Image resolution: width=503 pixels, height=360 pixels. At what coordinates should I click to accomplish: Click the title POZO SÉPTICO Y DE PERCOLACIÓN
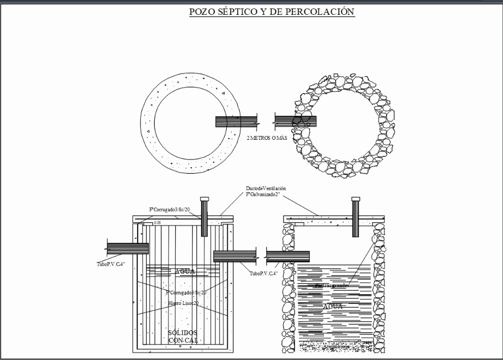[272, 12]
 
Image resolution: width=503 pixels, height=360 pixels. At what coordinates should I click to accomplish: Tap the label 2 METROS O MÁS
[267, 138]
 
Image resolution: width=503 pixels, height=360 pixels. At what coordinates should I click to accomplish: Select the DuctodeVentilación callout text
[266, 188]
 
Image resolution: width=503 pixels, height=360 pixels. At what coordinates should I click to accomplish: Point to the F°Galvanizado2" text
[263, 195]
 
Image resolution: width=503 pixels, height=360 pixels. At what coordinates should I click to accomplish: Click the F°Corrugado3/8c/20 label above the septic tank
[169, 210]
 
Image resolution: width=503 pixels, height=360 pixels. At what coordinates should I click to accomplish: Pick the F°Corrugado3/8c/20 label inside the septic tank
[186, 292]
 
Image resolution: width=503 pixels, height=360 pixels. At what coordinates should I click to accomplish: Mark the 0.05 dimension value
[158, 222]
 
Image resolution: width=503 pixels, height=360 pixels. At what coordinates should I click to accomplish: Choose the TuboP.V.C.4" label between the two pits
[264, 273]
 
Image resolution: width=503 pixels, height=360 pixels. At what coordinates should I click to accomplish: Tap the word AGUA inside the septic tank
[185, 271]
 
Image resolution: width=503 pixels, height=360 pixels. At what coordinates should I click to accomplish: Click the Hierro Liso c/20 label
[184, 303]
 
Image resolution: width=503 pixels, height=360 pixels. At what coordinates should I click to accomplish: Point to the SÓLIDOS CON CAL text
[183, 336]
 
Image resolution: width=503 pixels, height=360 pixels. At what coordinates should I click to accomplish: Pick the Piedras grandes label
[331, 285]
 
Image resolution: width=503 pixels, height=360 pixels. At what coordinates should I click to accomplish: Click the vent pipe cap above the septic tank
[204, 199]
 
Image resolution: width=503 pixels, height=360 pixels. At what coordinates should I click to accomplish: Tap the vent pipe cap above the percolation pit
[355, 199]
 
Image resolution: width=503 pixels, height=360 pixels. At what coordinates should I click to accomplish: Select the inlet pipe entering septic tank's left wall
[128, 246]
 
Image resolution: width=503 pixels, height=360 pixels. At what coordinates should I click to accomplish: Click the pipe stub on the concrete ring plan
[236, 121]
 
